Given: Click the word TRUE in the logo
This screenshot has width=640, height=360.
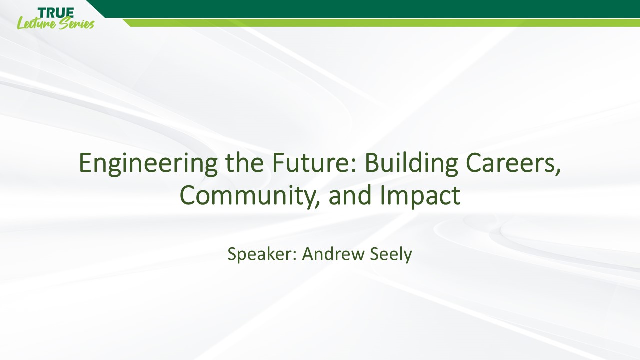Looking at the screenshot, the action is tap(55, 13).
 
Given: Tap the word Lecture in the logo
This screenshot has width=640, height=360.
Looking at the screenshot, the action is tap(37, 23).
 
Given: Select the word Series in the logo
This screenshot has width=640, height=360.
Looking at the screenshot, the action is tap(77, 24).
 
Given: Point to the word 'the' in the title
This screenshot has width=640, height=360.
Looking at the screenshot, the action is tap(245, 162).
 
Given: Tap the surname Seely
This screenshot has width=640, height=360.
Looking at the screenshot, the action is tap(391, 254).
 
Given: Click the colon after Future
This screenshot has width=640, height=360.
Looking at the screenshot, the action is tap(354, 166).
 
